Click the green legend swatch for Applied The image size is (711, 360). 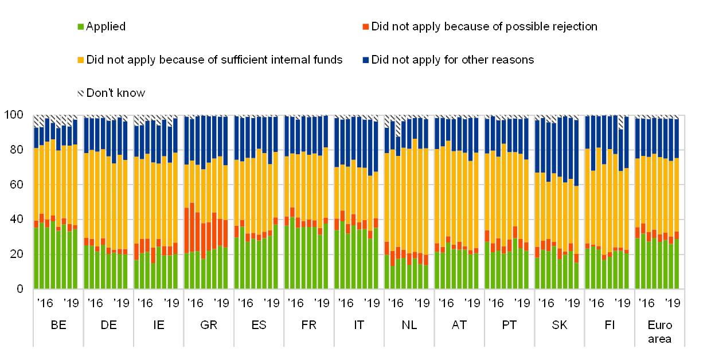(x=80, y=27)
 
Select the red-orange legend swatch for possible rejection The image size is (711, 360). (x=365, y=27)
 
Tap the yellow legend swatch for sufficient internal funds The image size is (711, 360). (x=80, y=60)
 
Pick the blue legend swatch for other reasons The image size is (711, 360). (x=365, y=60)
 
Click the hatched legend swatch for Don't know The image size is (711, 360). (x=80, y=93)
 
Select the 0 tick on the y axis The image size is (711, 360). (x=19, y=288)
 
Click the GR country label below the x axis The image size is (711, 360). (x=209, y=325)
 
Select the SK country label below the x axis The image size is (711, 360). (x=560, y=325)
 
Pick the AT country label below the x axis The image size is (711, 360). (x=456, y=325)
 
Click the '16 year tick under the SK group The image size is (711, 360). (x=546, y=303)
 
